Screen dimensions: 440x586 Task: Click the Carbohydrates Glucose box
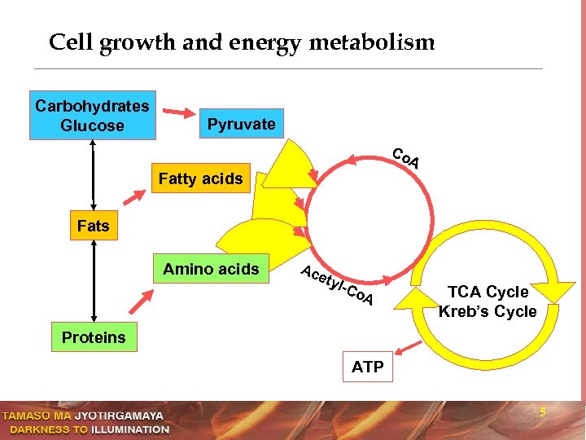92,116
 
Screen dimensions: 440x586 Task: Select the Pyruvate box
241,125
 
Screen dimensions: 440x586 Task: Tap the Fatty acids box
200,178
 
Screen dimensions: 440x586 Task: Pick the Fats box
93,226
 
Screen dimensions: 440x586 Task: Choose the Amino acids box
211,269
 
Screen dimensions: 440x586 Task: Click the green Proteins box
94,337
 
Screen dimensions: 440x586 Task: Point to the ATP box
368,367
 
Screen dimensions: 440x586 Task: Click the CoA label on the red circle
405,158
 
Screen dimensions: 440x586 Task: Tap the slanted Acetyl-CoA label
336,286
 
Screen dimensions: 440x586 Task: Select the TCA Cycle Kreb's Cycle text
488,301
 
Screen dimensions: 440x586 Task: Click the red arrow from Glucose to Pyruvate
178,112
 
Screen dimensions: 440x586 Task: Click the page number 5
543,413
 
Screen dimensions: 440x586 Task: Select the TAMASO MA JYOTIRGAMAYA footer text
85,416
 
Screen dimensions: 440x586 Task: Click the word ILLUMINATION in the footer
130,429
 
